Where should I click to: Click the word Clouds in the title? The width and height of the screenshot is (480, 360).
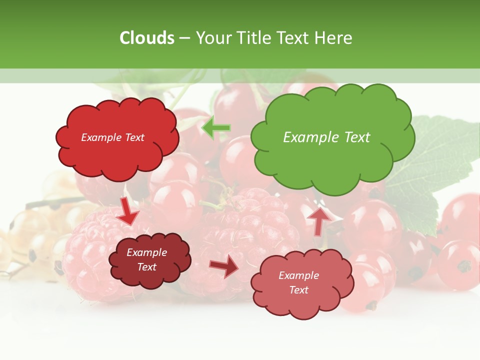click(x=147, y=38)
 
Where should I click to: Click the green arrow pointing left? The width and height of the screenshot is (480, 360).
click(x=216, y=128)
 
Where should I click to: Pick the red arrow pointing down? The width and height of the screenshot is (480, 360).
click(x=128, y=211)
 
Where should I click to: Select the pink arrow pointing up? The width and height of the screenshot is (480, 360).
click(x=318, y=219)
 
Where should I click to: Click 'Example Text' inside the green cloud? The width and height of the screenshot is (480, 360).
click(x=326, y=137)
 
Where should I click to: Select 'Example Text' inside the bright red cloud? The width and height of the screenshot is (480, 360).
click(x=112, y=137)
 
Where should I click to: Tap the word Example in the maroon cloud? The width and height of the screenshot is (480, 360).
click(x=146, y=252)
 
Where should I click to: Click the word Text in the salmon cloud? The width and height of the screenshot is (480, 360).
click(x=298, y=290)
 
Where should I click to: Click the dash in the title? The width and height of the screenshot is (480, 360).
click(x=184, y=38)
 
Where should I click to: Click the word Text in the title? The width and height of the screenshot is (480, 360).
click(x=295, y=38)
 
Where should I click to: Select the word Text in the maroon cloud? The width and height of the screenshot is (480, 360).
click(x=146, y=267)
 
